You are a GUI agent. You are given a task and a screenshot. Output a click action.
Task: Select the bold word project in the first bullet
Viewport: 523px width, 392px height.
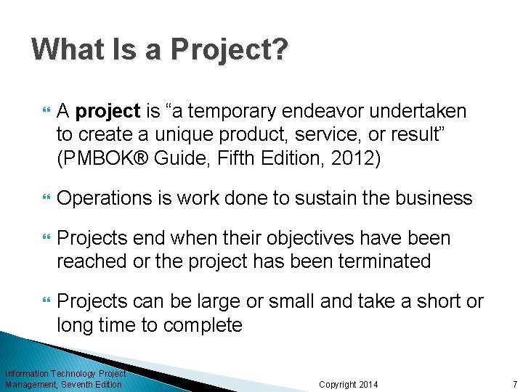pos(108,112)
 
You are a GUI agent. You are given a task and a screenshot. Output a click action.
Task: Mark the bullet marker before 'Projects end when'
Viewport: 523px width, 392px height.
pos(46,239)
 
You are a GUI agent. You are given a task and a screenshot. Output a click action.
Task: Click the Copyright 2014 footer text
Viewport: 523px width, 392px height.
pos(348,384)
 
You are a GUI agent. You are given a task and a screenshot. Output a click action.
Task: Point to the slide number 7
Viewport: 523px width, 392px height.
pos(514,384)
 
